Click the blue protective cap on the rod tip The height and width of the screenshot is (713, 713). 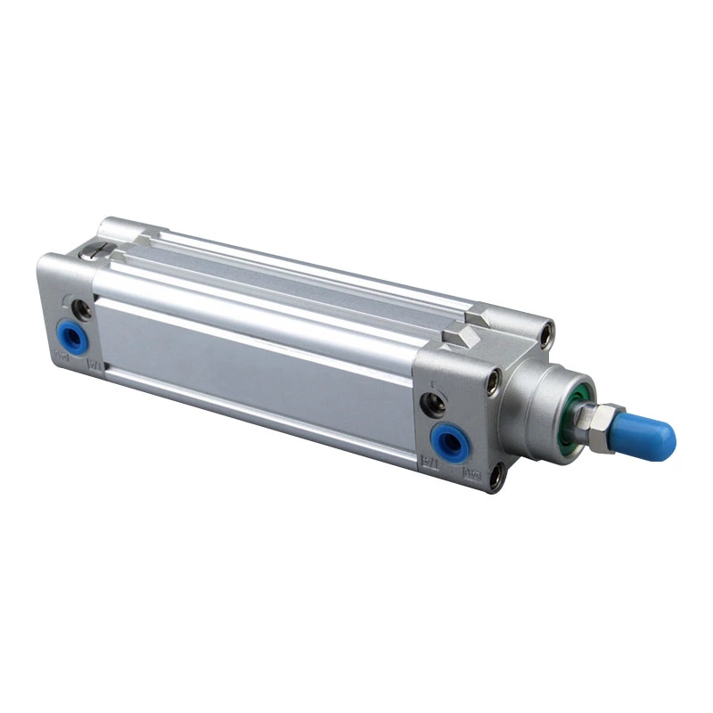coord(649,434)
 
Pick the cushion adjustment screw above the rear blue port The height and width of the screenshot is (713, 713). coord(83,307)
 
